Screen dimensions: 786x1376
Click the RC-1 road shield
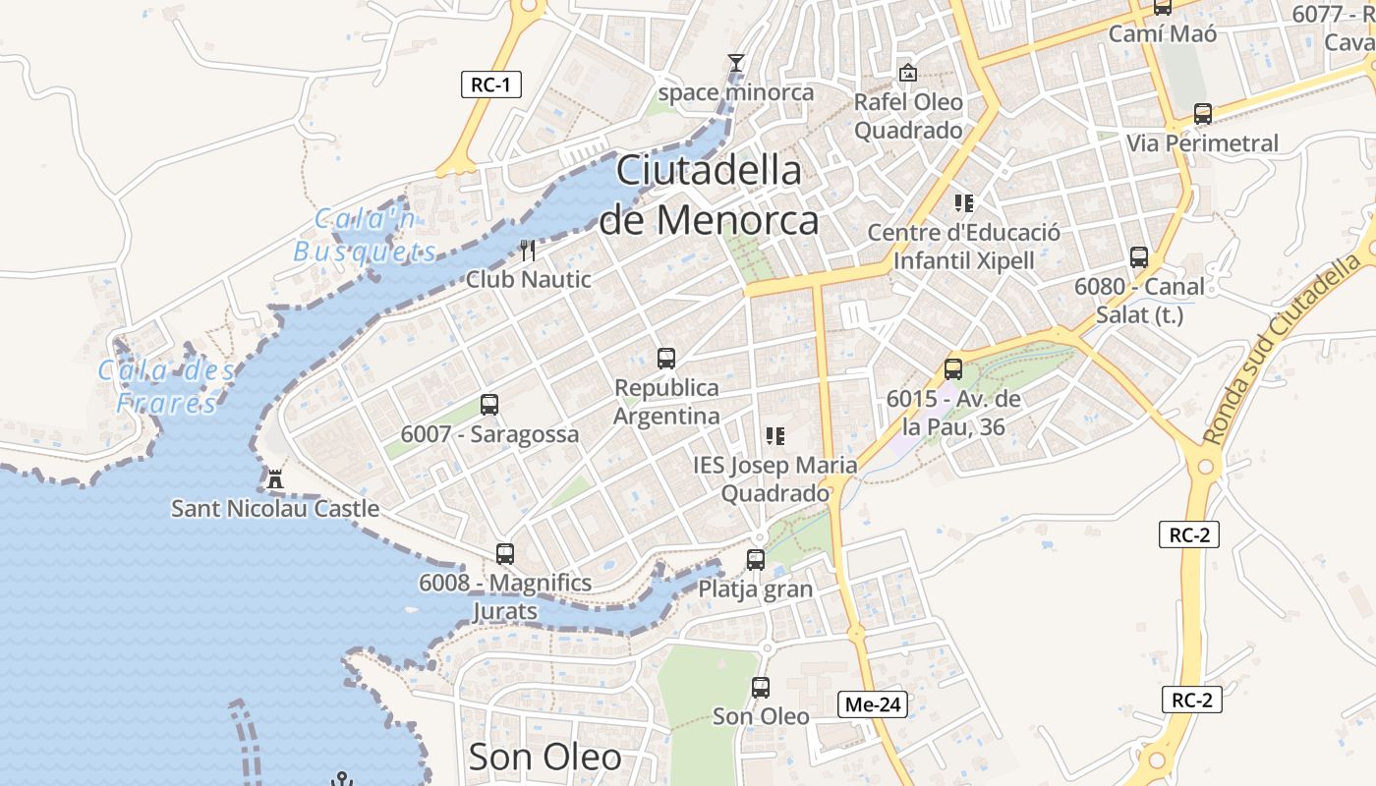coord(490,84)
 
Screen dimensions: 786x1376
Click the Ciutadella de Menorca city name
coord(709,196)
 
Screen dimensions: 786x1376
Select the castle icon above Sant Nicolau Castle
coord(274,480)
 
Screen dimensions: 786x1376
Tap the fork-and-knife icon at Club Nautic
coord(529,251)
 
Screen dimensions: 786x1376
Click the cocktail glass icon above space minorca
coord(735,64)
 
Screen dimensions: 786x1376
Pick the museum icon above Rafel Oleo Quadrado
coord(908,73)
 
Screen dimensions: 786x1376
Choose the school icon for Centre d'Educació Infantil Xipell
coord(964,203)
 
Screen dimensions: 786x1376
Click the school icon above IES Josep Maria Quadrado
coord(775,435)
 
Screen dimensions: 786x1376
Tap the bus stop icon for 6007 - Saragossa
coord(489,405)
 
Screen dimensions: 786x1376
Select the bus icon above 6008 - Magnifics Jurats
coord(505,554)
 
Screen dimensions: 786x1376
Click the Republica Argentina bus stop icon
coord(666,359)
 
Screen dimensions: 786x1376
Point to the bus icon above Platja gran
coord(756,560)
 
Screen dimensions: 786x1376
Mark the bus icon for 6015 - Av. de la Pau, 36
coord(953,369)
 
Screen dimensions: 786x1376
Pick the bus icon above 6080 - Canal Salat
coord(1139,257)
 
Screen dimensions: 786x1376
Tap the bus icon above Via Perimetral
coord(1203,114)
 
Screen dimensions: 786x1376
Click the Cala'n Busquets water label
coord(365,235)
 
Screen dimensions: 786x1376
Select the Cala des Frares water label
coord(166,386)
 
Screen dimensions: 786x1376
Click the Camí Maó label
coord(1163,33)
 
